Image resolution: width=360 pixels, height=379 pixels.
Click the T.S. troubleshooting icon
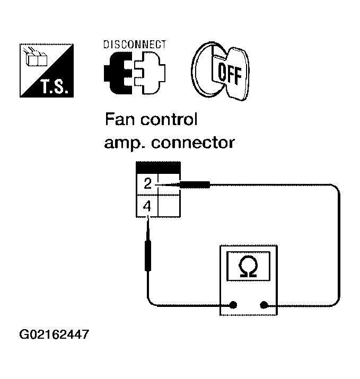[x=47, y=70]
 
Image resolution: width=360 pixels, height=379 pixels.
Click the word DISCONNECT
[x=135, y=45]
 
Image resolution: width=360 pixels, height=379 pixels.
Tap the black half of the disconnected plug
[x=118, y=73]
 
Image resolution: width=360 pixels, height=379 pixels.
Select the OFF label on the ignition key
[x=230, y=74]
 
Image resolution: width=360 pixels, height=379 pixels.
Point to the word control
[x=169, y=119]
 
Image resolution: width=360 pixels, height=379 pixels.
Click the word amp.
[x=125, y=144]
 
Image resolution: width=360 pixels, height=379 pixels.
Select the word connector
[x=193, y=143]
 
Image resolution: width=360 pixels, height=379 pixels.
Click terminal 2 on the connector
[x=147, y=184]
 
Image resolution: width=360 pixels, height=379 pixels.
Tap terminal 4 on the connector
[x=147, y=206]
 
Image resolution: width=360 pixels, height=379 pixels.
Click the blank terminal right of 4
[x=169, y=206]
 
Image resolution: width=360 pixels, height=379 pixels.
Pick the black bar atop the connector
[x=158, y=168]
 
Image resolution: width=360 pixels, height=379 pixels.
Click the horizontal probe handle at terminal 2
[x=195, y=185]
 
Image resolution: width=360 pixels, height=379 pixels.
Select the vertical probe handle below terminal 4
[x=148, y=255]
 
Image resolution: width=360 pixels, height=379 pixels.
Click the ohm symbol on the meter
[x=248, y=266]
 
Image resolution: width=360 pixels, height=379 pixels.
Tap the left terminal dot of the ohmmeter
[x=233, y=305]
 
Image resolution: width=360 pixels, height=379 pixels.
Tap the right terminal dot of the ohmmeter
[x=264, y=305]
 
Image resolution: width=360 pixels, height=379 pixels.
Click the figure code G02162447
[x=54, y=334]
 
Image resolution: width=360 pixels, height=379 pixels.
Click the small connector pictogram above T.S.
[x=35, y=57]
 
